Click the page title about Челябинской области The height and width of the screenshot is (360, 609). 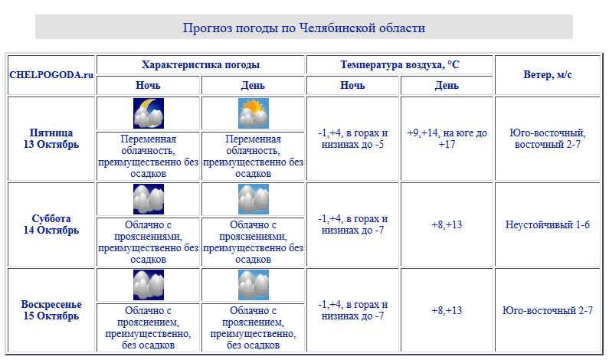pos(303,28)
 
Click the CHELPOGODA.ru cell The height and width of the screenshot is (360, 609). pos(51,75)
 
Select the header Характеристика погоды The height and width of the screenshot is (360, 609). pos(201,65)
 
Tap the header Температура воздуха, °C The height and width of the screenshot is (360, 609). pos(400,65)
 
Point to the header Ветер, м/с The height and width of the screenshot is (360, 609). pos(547,75)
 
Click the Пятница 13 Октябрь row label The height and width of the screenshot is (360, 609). pos(51,139)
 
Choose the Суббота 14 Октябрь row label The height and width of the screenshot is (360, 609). pos(51,224)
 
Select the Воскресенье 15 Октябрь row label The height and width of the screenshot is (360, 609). pos(51,310)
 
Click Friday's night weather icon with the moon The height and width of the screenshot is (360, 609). pos(149,113)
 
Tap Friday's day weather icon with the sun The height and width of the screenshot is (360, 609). pos(254,113)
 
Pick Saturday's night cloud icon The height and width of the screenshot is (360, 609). pos(149,199)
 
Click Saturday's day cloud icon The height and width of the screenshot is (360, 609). pos(254,199)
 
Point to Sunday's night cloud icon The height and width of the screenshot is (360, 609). pos(149,285)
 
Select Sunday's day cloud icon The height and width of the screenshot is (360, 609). pos(254,285)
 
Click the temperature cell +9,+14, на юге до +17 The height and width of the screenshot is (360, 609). pos(447,139)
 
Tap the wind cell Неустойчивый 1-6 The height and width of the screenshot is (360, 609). pos(547,224)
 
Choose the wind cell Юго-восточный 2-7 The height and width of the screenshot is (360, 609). pos(547,310)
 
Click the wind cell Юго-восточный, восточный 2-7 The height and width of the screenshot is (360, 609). pos(547,139)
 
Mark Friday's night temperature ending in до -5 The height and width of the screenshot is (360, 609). pos(353,139)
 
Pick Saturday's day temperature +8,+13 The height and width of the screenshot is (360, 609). pos(447,224)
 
